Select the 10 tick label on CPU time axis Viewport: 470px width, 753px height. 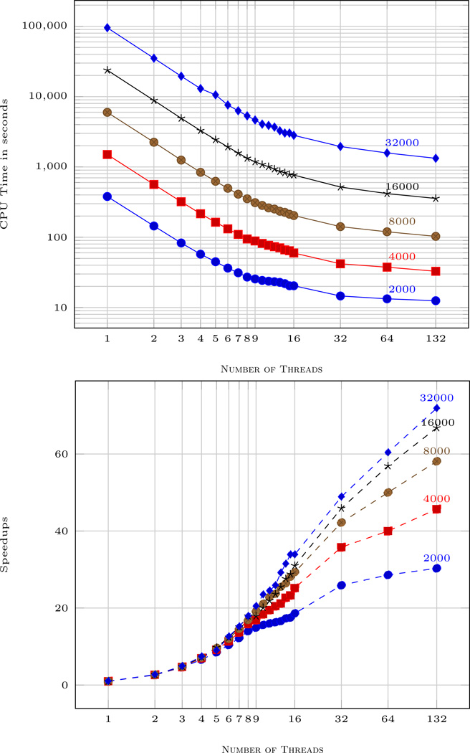[x=58, y=308]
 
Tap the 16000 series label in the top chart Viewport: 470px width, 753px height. [x=401, y=186]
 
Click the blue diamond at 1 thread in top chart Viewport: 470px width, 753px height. [x=107, y=28]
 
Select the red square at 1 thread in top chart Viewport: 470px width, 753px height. [x=107, y=154]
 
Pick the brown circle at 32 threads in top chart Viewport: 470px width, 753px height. [x=340, y=227]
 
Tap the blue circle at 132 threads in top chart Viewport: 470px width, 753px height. [x=436, y=300]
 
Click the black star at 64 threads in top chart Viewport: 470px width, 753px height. [x=388, y=194]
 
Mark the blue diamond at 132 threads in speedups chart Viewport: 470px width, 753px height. [x=436, y=408]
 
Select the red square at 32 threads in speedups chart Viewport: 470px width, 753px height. [x=341, y=547]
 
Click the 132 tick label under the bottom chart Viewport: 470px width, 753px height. [x=436, y=719]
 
